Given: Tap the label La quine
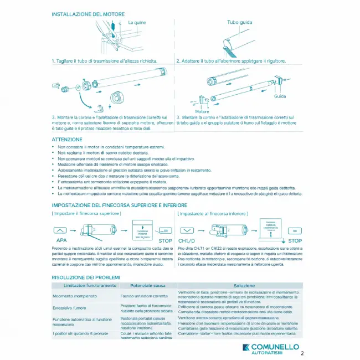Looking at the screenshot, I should [137, 22].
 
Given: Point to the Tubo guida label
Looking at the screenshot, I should [240, 22].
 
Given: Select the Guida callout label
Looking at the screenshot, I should [280, 96].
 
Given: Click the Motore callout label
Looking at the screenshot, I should [203, 111].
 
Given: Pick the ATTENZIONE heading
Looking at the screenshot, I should [67, 140].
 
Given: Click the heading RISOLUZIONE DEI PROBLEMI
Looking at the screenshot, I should [85, 276].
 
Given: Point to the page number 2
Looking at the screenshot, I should [302, 352].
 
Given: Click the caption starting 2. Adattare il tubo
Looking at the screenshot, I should [231, 61].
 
